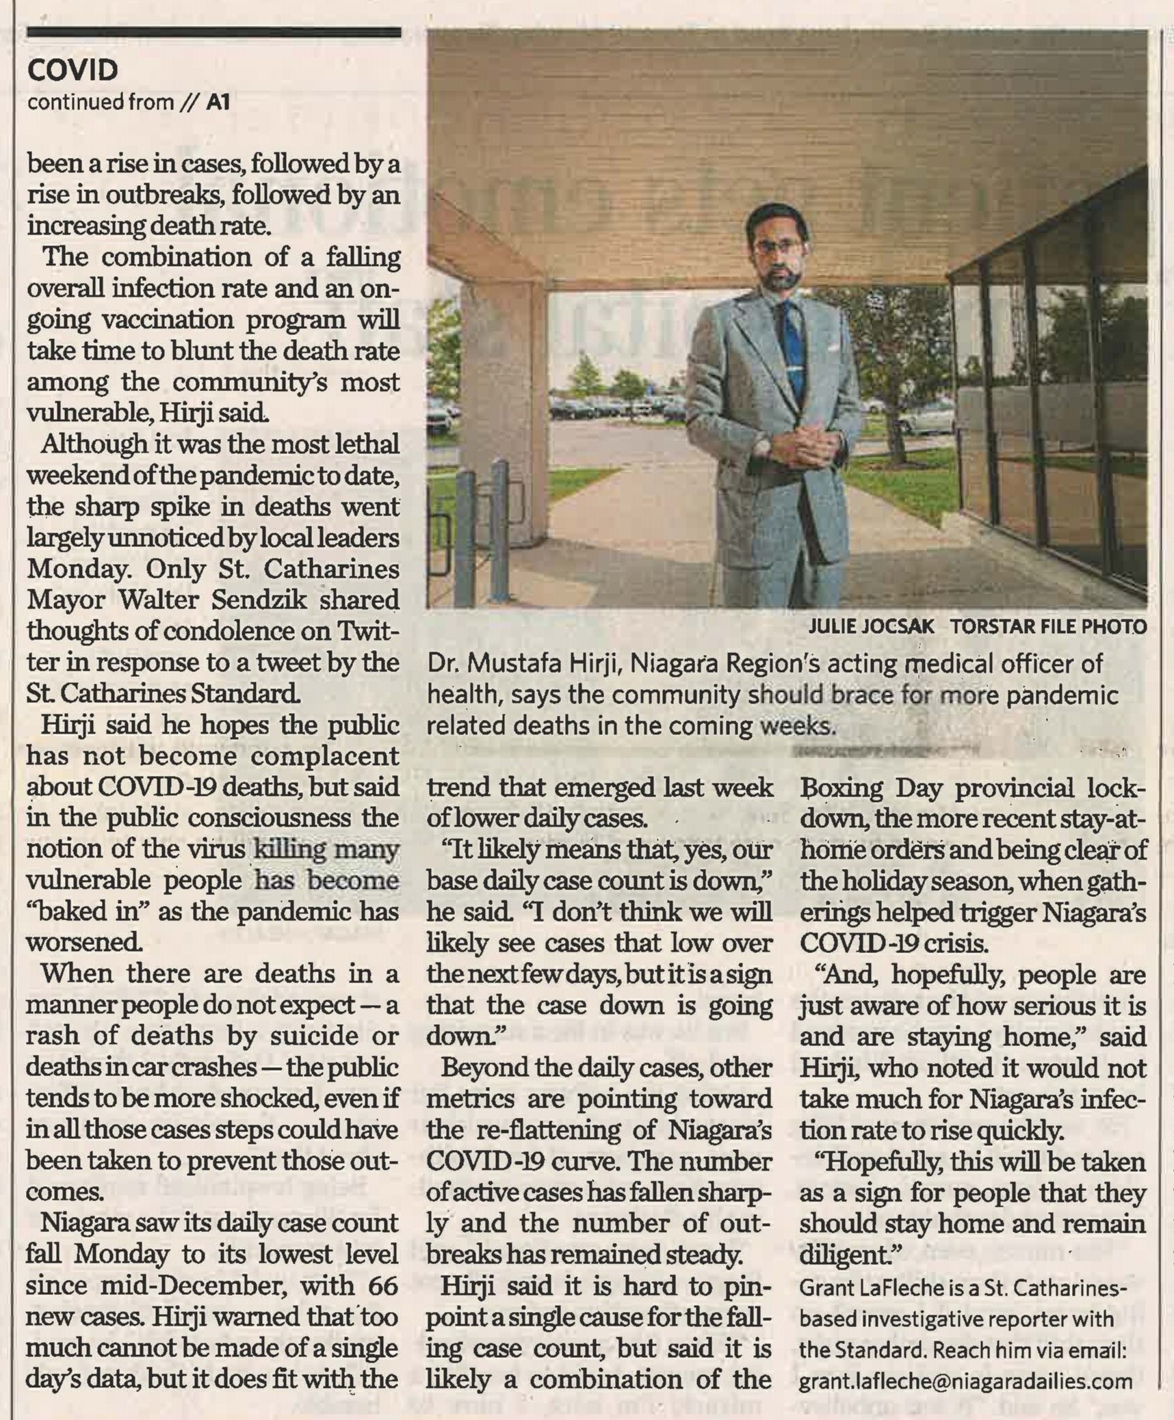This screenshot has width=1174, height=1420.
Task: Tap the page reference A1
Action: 218,103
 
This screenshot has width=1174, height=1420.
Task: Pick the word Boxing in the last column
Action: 838,788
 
